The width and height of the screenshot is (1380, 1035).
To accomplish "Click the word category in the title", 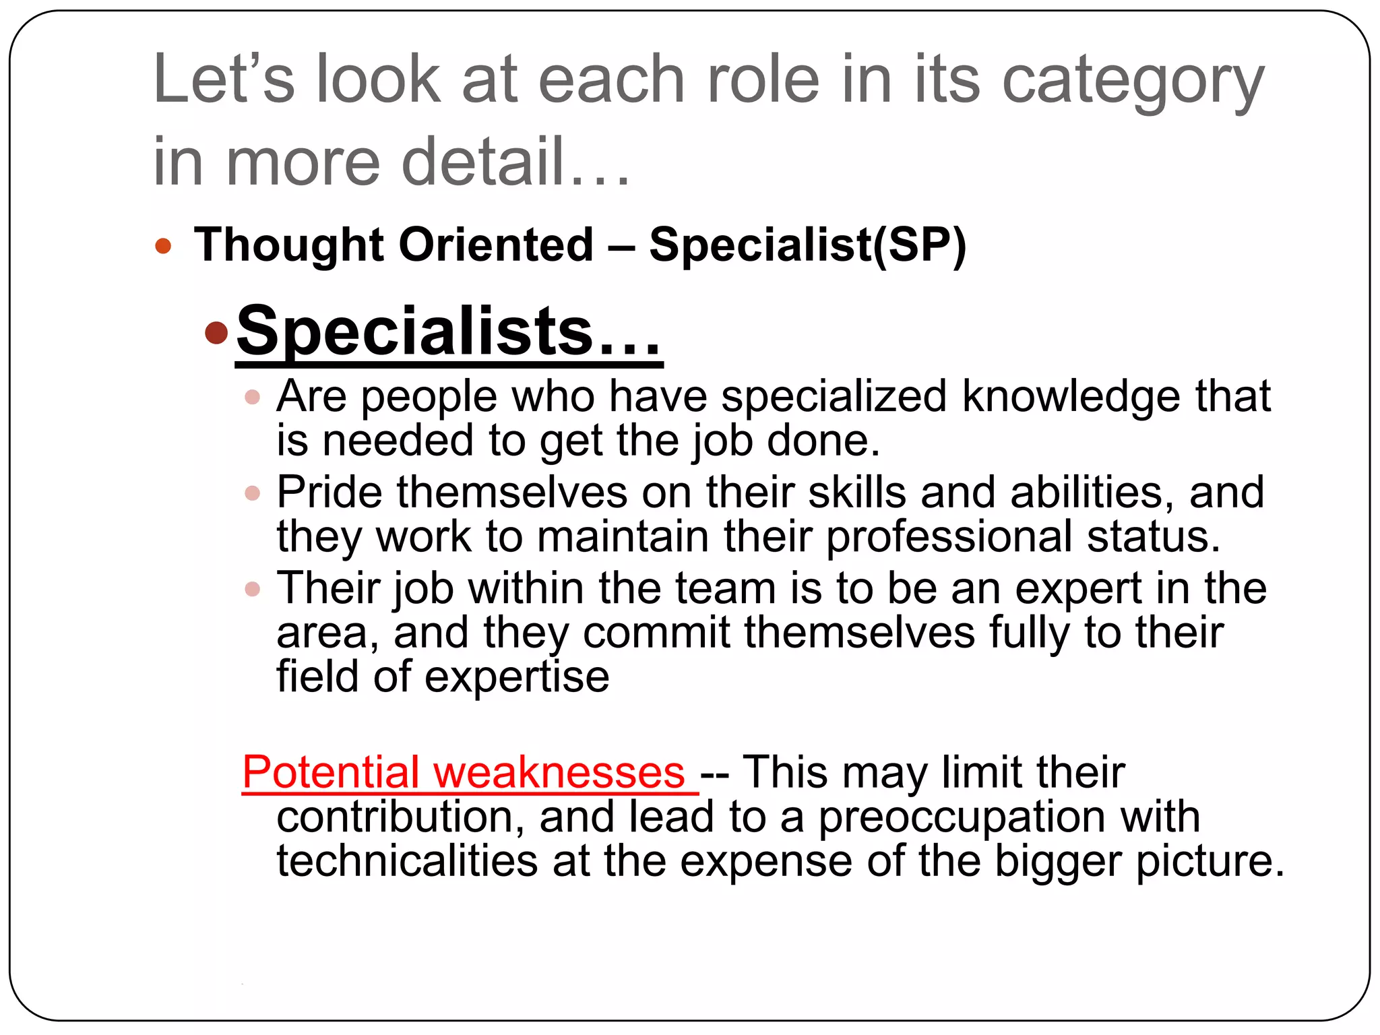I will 1132,82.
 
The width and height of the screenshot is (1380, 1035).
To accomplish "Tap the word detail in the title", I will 482,162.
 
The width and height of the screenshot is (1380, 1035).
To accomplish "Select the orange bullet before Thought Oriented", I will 163,245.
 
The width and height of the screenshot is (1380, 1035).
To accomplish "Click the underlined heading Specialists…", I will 448,332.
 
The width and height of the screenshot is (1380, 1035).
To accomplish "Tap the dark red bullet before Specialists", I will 216,332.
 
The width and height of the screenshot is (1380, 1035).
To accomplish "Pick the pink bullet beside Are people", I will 253,397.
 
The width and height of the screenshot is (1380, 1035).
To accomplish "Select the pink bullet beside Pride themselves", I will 253,493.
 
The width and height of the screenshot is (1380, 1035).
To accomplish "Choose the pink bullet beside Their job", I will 253,590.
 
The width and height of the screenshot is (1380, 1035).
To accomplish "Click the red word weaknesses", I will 559,772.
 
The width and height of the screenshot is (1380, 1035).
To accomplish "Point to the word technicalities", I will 407,861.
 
